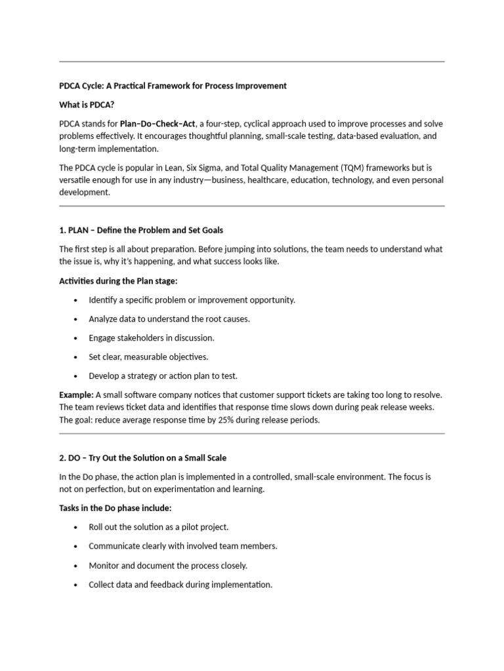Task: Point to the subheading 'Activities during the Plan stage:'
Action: point(118,280)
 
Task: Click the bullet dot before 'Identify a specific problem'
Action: point(76,300)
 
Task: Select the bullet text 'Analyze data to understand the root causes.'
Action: point(169,319)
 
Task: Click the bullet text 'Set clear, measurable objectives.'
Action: point(148,357)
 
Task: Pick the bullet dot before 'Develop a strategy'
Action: point(76,376)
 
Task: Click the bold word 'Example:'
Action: point(77,394)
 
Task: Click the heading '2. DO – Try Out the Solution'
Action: point(142,457)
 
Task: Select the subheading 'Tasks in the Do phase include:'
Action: point(115,508)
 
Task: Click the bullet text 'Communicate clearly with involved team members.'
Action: point(183,546)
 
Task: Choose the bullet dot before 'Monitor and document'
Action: point(76,566)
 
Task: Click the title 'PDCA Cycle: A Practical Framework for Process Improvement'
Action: point(173,86)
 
